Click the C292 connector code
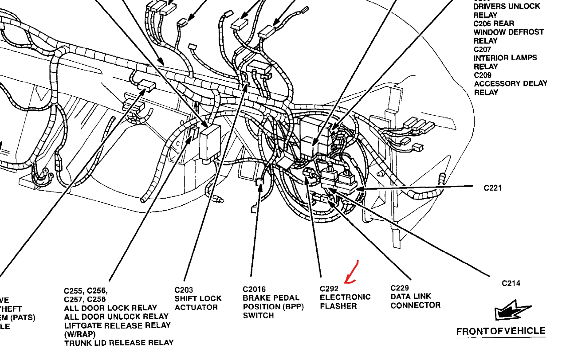pos(329,289)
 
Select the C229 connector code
pos(400,288)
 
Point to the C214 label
pos(511,283)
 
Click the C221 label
pos(492,188)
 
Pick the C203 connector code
pos(184,290)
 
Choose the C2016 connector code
pos(254,289)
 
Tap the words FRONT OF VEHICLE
pos(501,331)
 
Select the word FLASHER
pos(338,306)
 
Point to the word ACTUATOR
pos(196,307)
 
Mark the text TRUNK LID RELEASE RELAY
pos(119,343)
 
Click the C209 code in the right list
pos(483,75)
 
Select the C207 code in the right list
pos(483,49)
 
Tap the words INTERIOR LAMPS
pos(505,58)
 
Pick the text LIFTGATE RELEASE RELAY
pos(117,325)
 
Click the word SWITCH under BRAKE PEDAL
pos(258,316)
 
